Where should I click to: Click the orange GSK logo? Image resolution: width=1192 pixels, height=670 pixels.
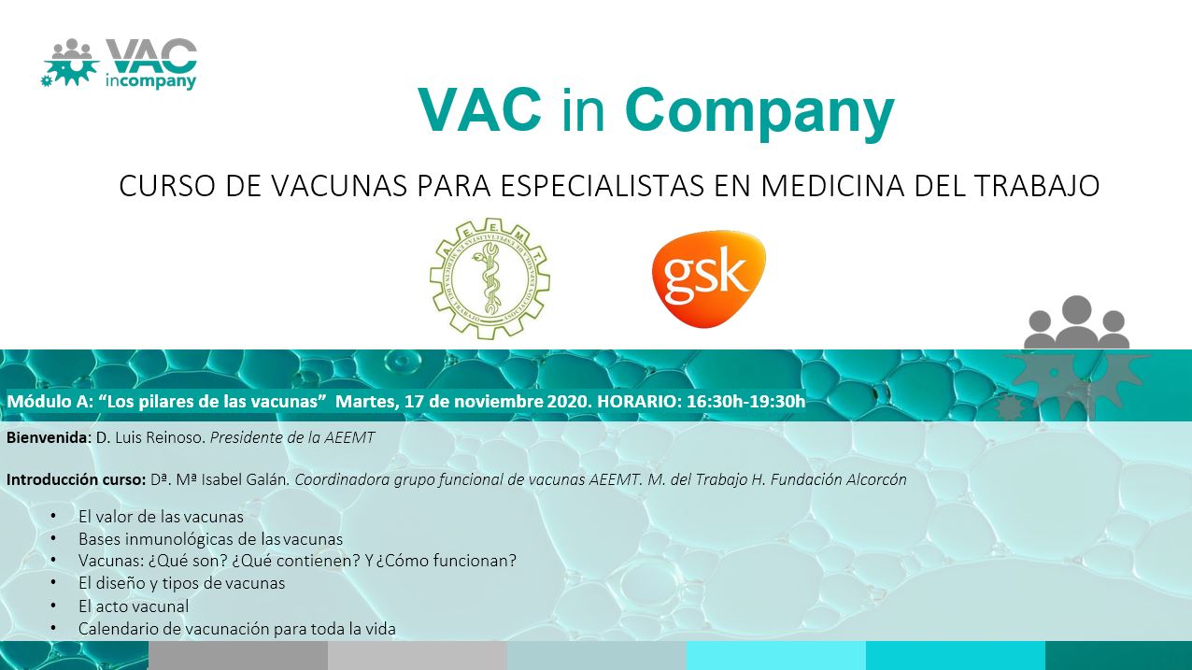tap(709, 278)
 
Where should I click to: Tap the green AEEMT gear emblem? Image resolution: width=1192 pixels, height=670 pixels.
tap(490, 278)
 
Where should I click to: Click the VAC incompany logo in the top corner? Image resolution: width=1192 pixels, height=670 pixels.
tap(120, 64)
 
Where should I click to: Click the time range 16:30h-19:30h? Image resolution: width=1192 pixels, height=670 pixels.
tap(746, 401)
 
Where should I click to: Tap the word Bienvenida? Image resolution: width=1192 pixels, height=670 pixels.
tap(47, 437)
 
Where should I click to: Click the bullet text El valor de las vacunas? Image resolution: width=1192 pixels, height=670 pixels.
tap(161, 516)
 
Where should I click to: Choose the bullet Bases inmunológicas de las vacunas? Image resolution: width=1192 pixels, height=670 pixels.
tap(210, 539)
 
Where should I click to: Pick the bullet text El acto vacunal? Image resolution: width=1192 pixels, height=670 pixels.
tap(133, 606)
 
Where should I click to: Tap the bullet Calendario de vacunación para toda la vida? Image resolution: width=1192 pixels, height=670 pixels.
tap(236, 629)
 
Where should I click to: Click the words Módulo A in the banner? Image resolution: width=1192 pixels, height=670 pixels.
tap(48, 401)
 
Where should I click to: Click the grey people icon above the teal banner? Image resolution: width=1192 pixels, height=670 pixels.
tap(1076, 322)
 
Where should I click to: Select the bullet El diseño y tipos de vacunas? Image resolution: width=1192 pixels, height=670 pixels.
tap(181, 583)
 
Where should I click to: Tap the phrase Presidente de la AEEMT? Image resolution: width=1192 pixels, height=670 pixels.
tap(292, 437)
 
